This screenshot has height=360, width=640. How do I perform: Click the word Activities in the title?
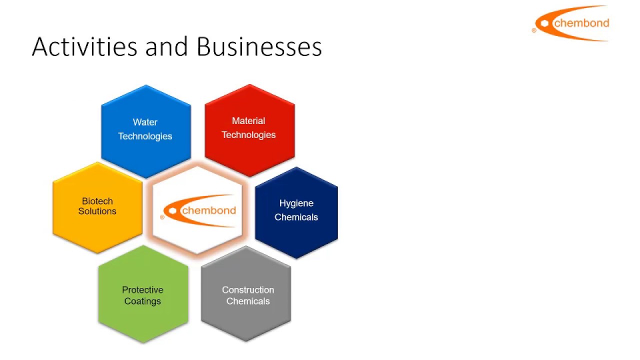[84, 47]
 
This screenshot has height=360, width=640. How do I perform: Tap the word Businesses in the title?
[259, 47]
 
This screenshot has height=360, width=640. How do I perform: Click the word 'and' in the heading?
[167, 47]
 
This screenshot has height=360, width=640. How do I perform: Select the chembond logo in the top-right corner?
[572, 23]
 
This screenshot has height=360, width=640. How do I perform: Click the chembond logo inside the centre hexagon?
[199, 210]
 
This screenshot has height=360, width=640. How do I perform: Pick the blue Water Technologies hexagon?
[145, 131]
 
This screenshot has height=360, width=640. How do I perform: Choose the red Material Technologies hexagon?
[249, 130]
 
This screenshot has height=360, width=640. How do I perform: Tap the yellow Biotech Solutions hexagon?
[97, 207]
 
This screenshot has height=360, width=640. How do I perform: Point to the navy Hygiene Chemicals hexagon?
[296, 212]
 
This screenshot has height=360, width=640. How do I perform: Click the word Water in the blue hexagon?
[145, 122]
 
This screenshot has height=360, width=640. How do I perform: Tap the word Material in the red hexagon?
[248, 121]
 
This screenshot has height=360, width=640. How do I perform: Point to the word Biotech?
[97, 201]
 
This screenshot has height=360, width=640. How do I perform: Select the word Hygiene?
[296, 203]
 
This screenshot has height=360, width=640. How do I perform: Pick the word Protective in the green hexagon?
[142, 290]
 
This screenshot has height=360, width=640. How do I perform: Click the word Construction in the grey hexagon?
[248, 290]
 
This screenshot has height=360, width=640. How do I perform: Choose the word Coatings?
[142, 301]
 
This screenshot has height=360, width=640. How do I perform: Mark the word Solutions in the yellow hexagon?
[97, 211]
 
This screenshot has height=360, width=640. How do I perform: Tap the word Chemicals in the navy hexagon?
[296, 217]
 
